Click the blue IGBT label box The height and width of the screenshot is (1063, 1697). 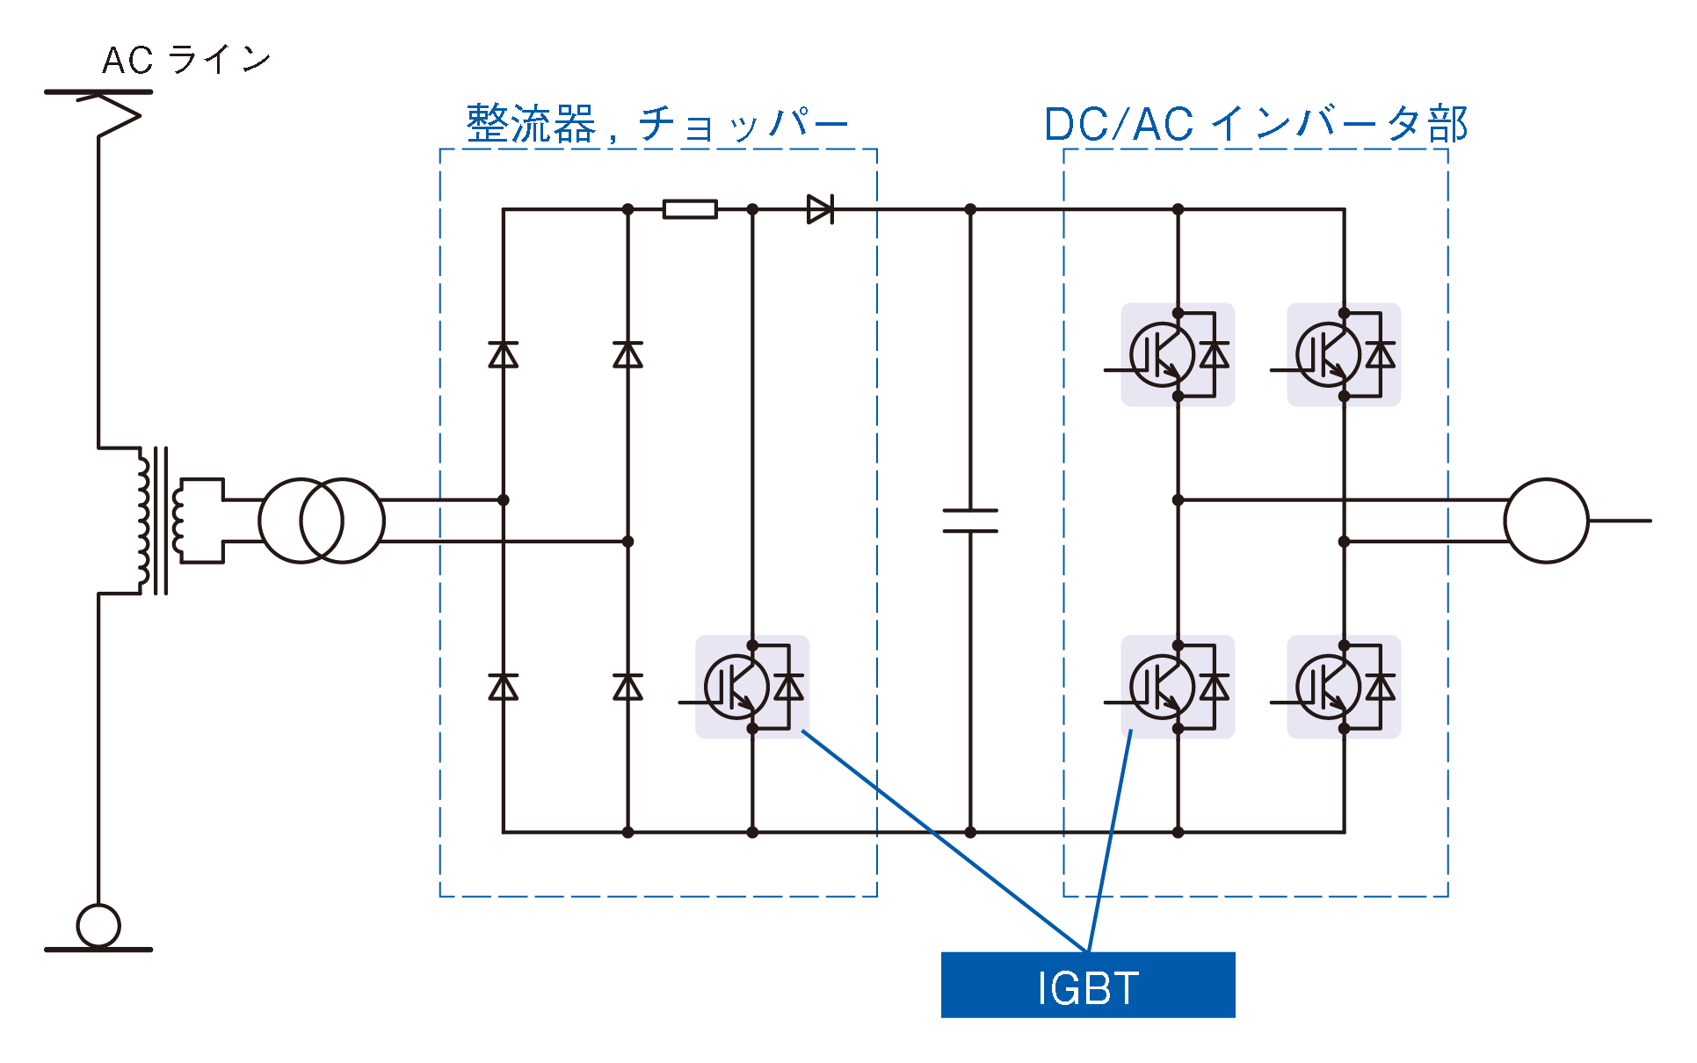[1087, 985]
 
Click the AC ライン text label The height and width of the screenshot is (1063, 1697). [186, 60]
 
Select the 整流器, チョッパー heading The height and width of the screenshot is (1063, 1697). [656, 124]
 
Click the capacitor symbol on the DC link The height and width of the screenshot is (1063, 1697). [970, 521]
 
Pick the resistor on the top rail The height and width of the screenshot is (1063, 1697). [690, 209]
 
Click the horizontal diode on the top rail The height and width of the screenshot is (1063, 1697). [820, 209]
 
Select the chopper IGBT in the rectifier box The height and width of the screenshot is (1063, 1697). [751, 687]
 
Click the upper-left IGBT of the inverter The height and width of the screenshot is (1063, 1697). [1178, 354]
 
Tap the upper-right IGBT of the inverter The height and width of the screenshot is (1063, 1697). [1344, 354]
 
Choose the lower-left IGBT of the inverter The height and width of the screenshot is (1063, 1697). [1178, 687]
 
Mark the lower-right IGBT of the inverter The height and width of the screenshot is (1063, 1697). [1344, 687]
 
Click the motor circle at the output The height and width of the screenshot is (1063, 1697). [1546, 521]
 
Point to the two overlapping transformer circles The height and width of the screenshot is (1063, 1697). [322, 521]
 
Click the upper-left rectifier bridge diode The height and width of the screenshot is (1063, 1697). [504, 354]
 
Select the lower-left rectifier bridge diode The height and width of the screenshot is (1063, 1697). [504, 687]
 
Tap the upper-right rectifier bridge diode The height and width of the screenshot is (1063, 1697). [627, 354]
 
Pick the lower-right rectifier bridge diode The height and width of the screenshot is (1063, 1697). [627, 687]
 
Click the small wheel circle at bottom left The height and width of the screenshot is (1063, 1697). [98, 925]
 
